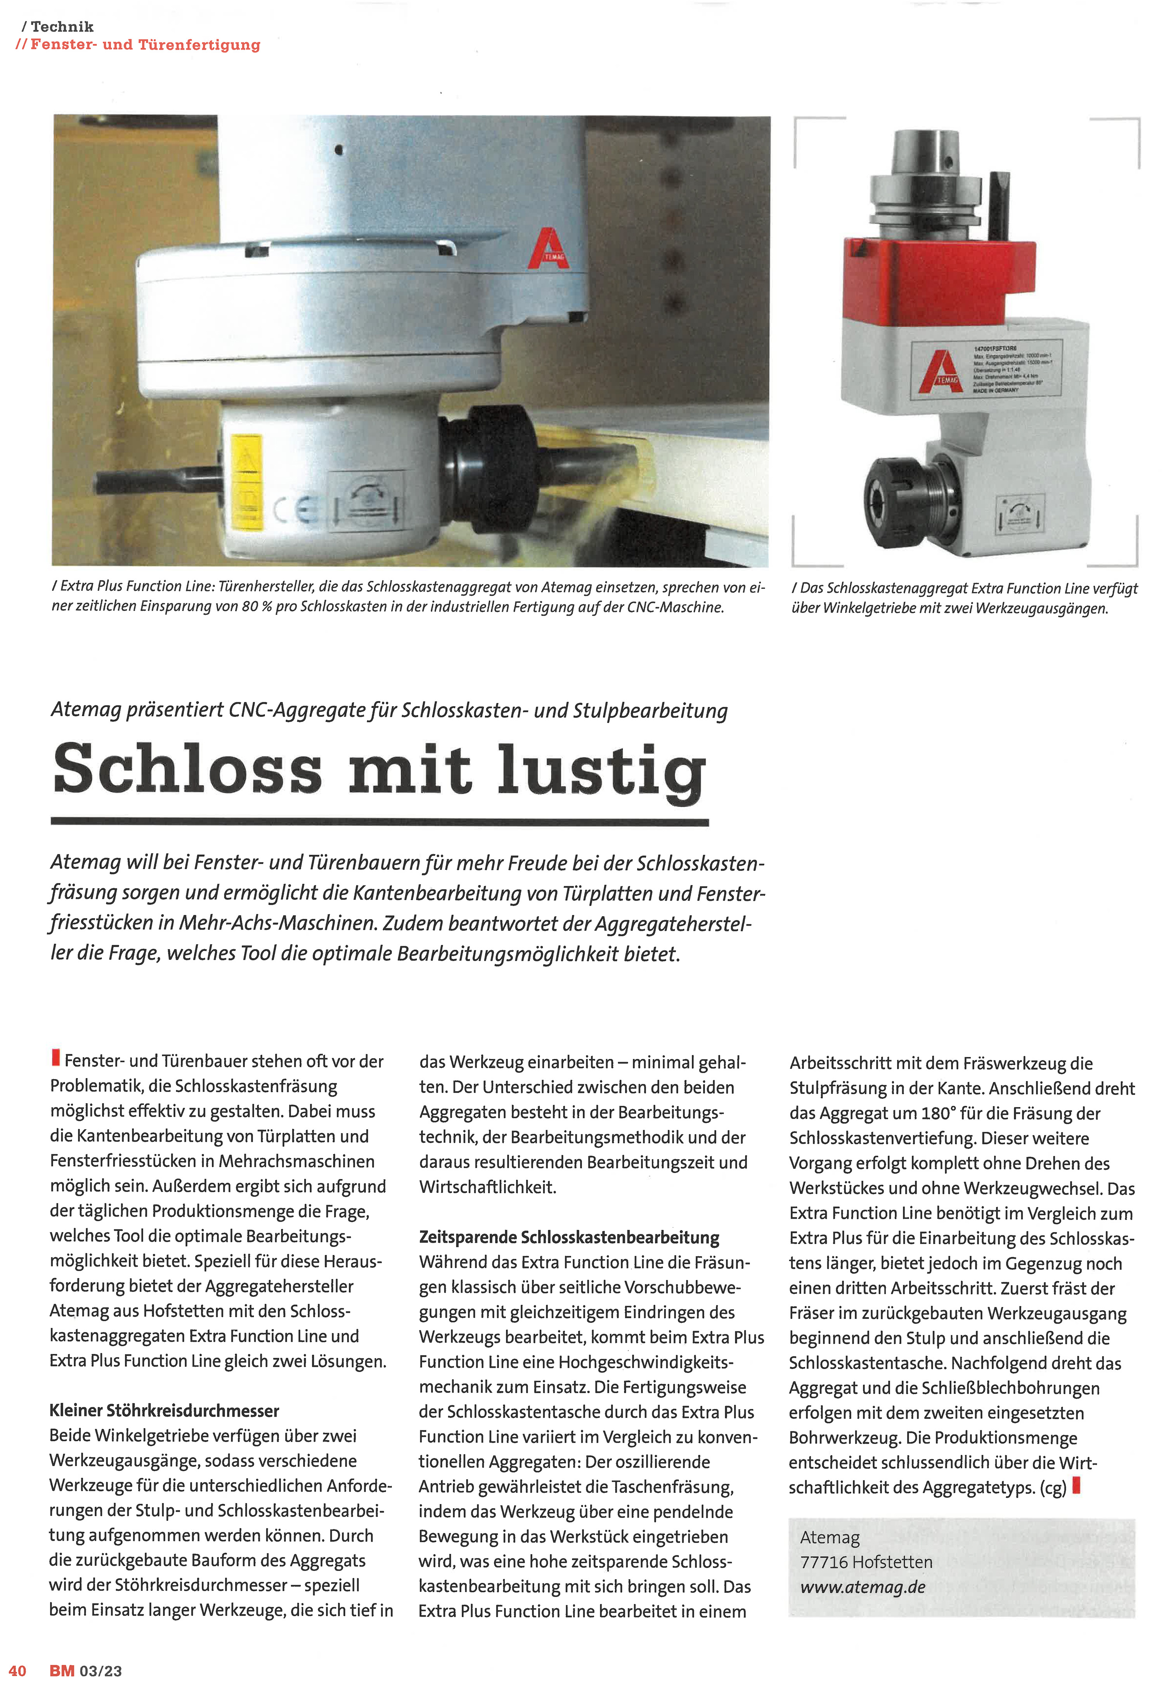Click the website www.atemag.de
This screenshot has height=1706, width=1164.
pos(863,1587)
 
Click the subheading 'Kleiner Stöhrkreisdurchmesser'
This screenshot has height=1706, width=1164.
pos(165,1411)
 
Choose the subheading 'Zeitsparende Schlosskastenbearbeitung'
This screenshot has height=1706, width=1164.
pos(569,1237)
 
